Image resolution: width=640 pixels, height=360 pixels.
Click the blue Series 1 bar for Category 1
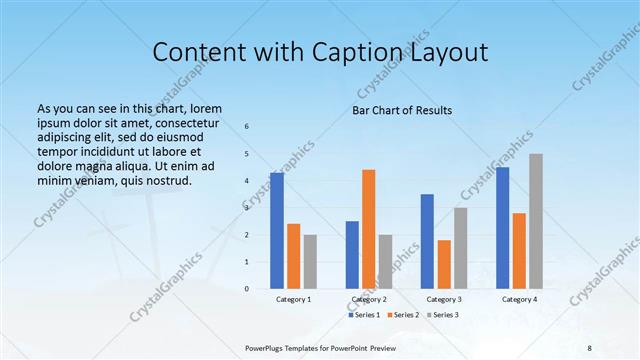pos(277,230)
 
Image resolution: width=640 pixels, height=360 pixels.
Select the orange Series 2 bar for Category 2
pos(368,229)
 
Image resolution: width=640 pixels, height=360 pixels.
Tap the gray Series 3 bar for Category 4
pos(536,221)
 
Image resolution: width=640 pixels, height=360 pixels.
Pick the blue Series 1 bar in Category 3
pos(427,241)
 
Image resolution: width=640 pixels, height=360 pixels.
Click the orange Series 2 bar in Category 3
pos(444,264)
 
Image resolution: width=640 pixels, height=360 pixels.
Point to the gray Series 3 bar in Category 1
pos(310,262)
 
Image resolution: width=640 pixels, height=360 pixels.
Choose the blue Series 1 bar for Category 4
pos(502,228)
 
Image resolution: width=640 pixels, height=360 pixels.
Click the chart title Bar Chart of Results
pos(402,110)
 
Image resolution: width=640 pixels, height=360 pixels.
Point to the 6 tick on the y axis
pos(248,126)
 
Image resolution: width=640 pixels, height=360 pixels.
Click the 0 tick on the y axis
pos(248,289)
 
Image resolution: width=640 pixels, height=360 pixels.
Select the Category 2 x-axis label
pos(369,300)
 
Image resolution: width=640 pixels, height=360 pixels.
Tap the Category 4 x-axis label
pos(518,300)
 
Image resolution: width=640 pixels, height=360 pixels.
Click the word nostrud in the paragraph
pos(164,181)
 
